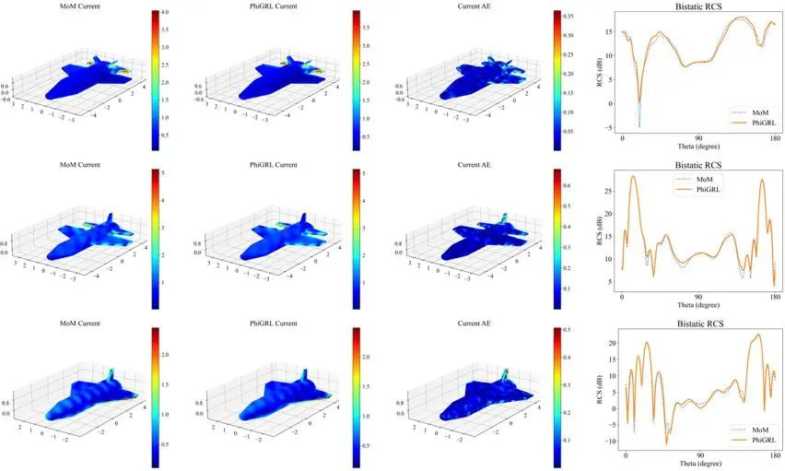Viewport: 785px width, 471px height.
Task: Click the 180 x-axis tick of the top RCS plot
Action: point(775,138)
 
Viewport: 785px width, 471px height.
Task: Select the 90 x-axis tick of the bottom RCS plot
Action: point(700,455)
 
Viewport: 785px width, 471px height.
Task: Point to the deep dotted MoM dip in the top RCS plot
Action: point(639,124)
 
